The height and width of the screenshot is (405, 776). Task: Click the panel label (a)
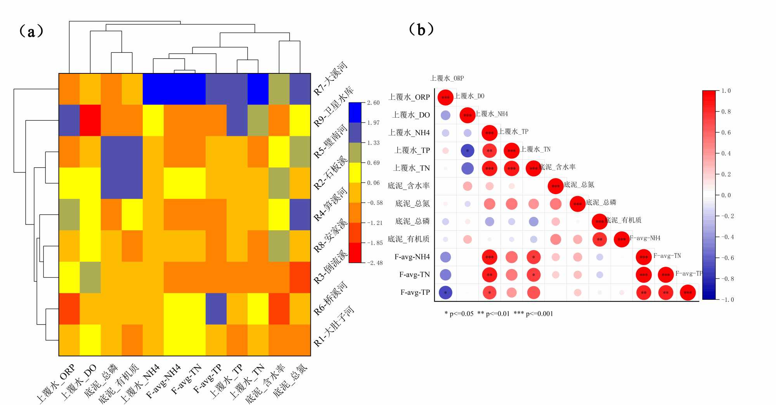31,31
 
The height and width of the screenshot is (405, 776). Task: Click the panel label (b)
421,30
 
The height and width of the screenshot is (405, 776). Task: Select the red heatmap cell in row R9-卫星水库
90,120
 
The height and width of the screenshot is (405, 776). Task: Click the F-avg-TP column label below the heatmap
208,379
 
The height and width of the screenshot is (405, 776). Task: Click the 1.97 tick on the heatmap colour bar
373,123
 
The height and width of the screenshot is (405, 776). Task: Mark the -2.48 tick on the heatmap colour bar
374,263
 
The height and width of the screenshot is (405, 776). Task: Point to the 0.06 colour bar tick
373,183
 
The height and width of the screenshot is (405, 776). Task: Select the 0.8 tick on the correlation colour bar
726,112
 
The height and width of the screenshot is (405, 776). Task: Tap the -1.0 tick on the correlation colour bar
727,300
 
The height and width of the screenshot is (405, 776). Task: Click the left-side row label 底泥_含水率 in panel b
409,186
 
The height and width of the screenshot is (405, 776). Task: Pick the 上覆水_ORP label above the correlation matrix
447,78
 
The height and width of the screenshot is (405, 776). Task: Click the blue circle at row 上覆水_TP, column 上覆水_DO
468,151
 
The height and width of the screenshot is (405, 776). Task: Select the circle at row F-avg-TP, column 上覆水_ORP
445,293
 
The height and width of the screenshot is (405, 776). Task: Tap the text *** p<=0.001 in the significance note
533,314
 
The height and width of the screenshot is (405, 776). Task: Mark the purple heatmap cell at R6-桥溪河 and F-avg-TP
216,309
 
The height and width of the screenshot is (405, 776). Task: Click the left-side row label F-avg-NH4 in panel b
412,257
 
